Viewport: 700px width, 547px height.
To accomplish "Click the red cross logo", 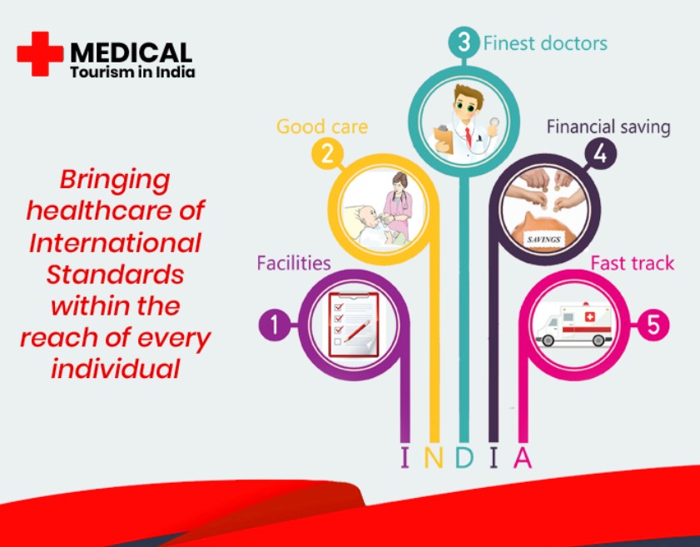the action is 40,53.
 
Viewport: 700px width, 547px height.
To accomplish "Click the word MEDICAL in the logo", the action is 132,52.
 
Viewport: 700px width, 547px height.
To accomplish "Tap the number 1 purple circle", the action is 275,325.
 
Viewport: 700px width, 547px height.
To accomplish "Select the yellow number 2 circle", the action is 327,154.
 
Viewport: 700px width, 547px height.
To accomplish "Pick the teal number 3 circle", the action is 464,42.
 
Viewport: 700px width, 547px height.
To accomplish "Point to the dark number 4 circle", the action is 600,154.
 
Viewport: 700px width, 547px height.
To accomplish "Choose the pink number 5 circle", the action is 653,325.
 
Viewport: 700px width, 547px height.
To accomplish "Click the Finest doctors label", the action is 545,44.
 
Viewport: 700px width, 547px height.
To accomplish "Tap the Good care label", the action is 322,127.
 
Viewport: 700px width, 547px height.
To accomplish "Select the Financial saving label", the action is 608,127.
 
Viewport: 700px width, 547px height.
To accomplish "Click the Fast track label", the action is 632,263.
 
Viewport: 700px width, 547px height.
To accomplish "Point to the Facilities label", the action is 294,263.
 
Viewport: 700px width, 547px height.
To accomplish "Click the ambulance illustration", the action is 573,324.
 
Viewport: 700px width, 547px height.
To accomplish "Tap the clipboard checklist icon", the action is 353,325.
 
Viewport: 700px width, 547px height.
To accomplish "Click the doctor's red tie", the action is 469,137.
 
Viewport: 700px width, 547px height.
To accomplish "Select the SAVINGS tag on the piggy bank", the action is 544,240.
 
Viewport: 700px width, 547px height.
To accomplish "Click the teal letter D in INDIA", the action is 464,457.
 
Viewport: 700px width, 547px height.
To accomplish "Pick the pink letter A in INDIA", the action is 523,457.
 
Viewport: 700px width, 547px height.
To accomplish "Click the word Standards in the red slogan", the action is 115,274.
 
